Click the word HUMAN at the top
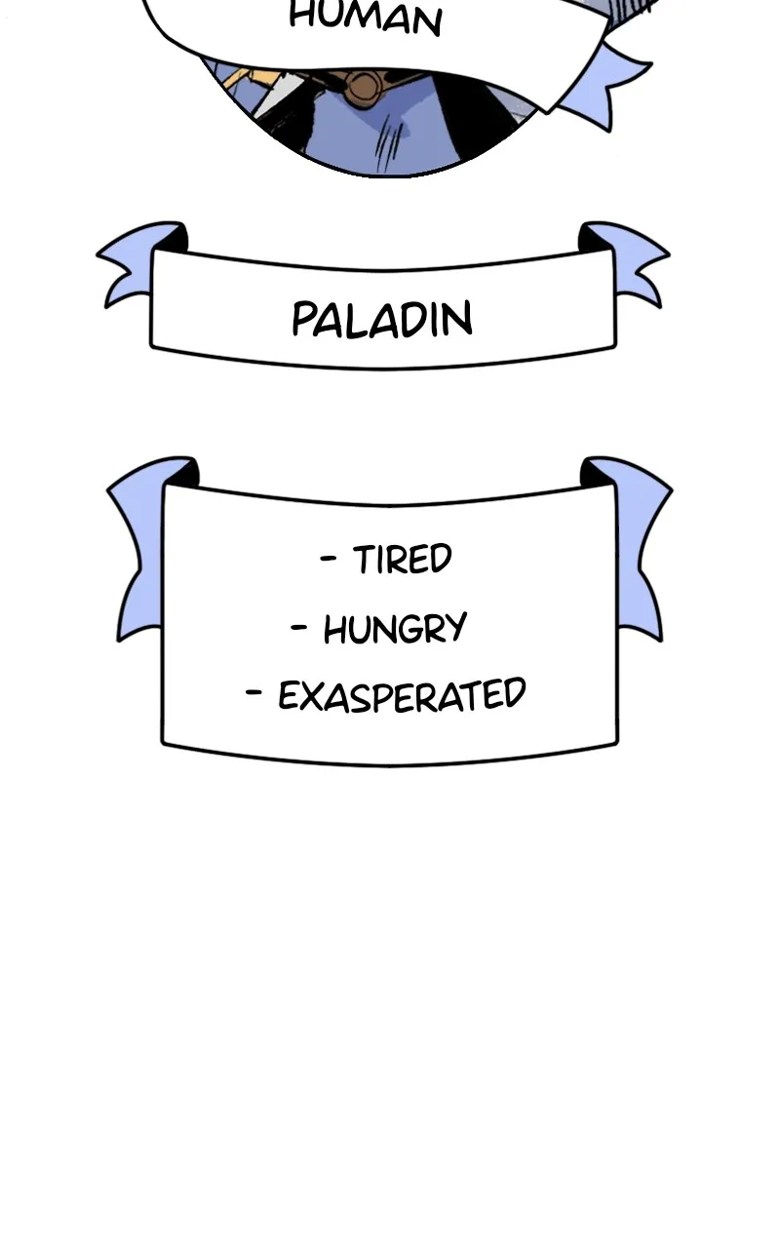[x=366, y=18]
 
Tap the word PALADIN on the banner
[x=382, y=319]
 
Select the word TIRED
[x=403, y=559]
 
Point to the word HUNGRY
[x=395, y=629]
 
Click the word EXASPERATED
[x=402, y=695]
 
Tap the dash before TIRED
[x=329, y=557]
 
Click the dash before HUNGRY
[x=299, y=627]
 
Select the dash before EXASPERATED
[x=253, y=692]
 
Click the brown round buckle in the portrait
[x=365, y=87]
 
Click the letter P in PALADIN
[x=303, y=319]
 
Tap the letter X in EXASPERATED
[x=318, y=696]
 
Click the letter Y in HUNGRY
[x=455, y=629]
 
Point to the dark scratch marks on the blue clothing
[x=389, y=146]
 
